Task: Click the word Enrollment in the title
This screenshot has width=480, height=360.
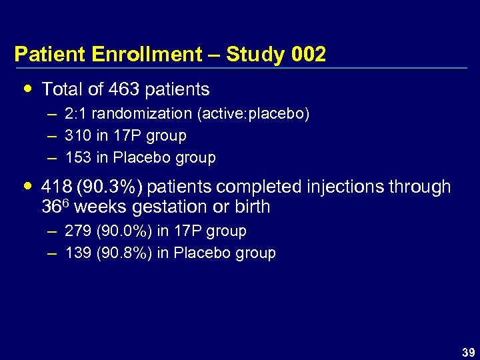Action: click(158, 55)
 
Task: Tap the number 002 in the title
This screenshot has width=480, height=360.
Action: click(309, 55)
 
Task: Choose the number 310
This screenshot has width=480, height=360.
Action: click(77, 136)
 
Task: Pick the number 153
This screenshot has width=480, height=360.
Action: click(77, 158)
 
